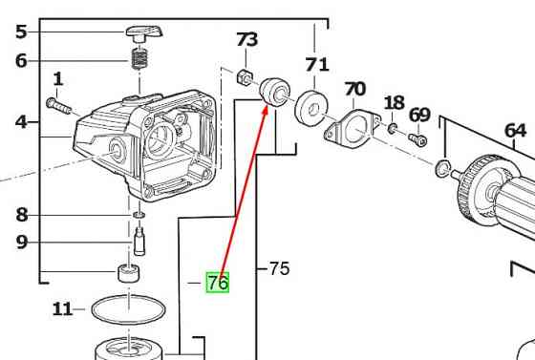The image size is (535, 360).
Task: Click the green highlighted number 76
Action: click(218, 283)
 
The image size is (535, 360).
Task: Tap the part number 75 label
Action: click(279, 268)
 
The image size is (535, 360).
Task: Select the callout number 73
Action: click(247, 39)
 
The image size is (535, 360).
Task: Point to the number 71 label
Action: click(317, 64)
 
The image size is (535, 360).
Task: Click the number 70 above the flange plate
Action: click(354, 89)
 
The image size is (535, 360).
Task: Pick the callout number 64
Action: click(515, 130)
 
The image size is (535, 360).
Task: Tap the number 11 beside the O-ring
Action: click(62, 309)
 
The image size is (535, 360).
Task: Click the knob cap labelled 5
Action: click(144, 33)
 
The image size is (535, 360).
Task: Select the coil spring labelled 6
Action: click(139, 58)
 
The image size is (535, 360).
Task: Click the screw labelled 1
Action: click(58, 106)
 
